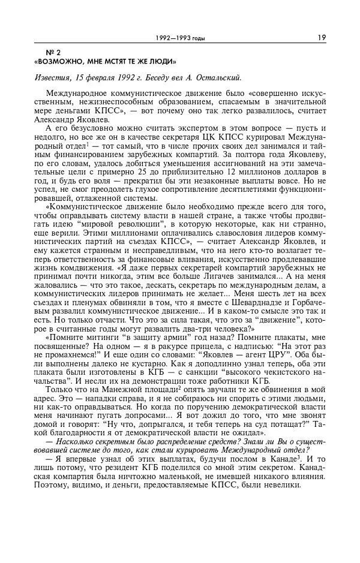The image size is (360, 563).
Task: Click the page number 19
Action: (x=322, y=38)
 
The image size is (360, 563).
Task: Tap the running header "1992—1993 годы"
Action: (x=180, y=38)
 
